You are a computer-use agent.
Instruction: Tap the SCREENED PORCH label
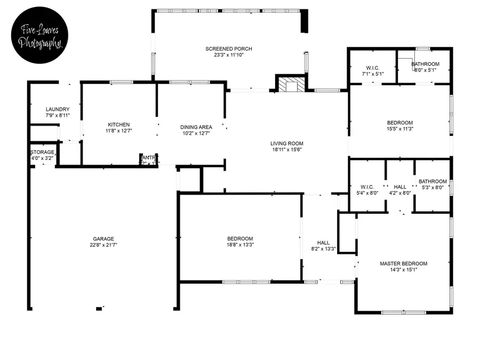229,49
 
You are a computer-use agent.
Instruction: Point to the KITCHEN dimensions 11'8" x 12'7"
118,131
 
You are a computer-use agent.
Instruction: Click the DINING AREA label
196,127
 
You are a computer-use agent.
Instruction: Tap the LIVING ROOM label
286,143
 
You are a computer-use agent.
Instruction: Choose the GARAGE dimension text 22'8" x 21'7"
103,245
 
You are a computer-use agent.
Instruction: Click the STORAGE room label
42,153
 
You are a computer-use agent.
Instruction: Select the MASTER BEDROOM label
403,263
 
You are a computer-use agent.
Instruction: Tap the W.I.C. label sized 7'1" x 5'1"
372,68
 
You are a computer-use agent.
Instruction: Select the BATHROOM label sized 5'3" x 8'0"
433,181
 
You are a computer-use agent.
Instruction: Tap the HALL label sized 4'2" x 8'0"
400,187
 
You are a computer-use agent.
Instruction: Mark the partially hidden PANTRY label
148,157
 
